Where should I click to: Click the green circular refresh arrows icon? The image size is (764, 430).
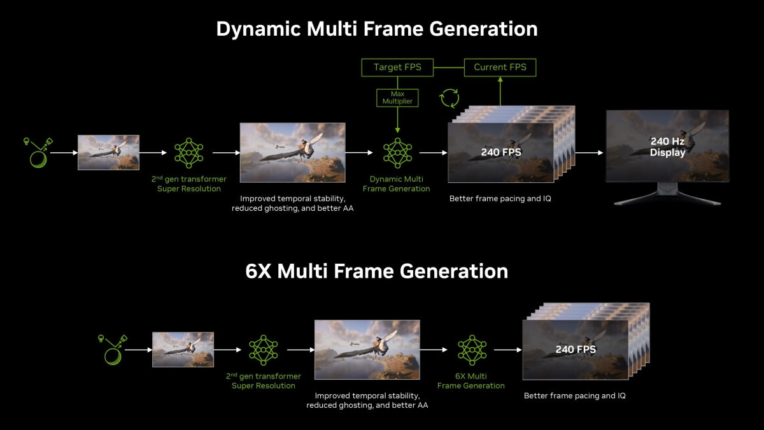[449, 98]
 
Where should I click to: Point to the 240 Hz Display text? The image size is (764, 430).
[667, 147]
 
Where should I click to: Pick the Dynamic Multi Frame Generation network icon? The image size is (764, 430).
[397, 153]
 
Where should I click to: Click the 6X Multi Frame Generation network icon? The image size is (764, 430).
[472, 350]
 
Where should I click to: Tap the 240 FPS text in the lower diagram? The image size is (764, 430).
[576, 350]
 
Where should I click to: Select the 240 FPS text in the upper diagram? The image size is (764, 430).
[501, 152]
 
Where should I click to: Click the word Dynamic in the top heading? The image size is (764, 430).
[259, 29]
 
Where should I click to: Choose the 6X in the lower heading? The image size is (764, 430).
[258, 271]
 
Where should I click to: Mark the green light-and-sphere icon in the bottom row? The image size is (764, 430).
[113, 350]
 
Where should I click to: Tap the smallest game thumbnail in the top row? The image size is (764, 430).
[108, 152]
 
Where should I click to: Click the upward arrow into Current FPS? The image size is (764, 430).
[500, 91]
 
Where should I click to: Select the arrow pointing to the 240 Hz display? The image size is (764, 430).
[590, 152]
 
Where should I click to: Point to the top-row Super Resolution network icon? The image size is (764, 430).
[188, 153]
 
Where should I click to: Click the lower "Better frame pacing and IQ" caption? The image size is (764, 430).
[575, 396]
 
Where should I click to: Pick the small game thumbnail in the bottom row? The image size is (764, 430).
[183, 350]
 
